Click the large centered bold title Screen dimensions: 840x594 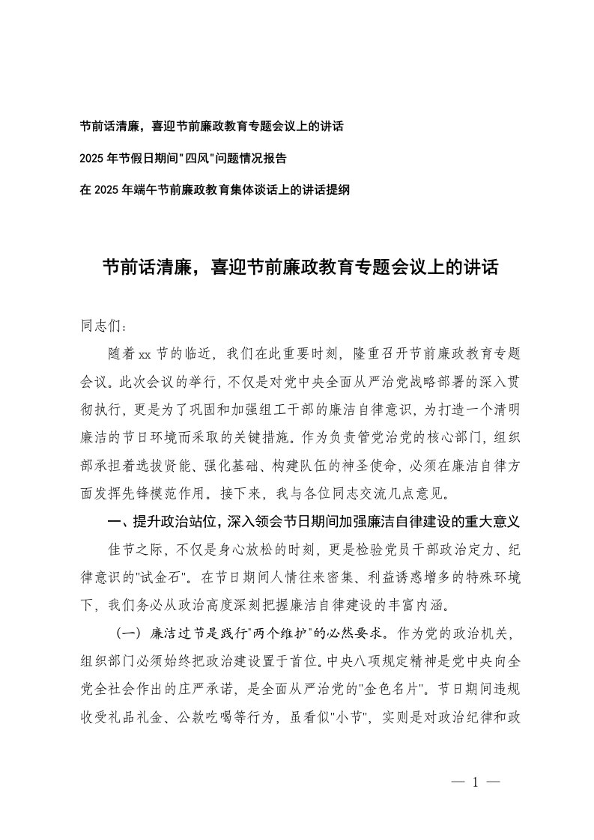(x=300, y=267)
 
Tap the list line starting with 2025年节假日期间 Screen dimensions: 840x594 (x=193, y=158)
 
